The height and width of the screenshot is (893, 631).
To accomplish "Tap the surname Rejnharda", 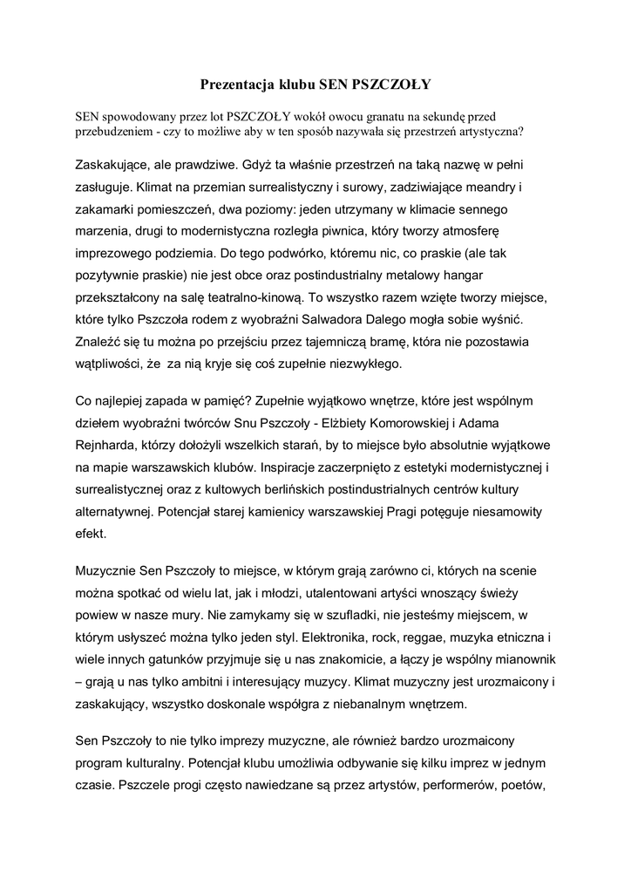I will [107, 446].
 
